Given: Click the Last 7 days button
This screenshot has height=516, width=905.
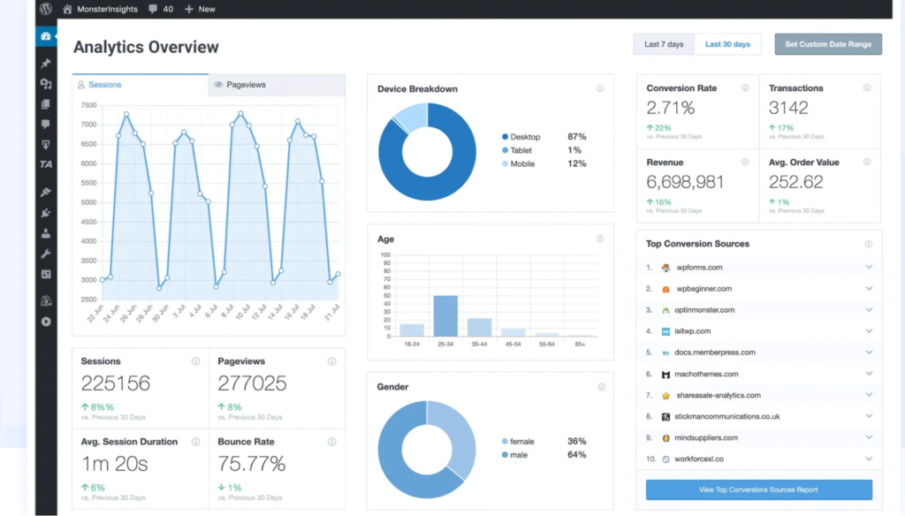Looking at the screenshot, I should (x=664, y=44).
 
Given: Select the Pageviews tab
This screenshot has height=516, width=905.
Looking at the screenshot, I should (x=246, y=85).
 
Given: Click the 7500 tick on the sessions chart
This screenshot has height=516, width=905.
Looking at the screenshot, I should (x=88, y=105).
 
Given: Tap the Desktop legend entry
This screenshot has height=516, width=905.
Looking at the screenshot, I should (x=525, y=137).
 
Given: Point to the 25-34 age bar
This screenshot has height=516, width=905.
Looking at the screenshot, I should (x=445, y=315).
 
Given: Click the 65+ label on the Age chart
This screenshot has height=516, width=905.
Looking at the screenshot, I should (x=580, y=344).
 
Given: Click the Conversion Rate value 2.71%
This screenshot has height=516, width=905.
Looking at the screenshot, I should (x=671, y=108).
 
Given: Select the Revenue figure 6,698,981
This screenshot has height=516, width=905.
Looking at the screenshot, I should (x=685, y=182).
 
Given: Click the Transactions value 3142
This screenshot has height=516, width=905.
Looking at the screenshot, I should (x=788, y=108).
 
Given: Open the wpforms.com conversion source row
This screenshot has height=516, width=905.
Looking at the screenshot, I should (x=699, y=268).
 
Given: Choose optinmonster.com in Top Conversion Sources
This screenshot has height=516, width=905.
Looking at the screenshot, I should (x=705, y=310).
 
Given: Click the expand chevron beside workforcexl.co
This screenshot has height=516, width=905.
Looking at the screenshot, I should (x=869, y=459).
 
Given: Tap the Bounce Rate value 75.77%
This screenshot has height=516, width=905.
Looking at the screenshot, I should (x=252, y=464).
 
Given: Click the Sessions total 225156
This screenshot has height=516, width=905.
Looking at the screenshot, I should (x=116, y=383).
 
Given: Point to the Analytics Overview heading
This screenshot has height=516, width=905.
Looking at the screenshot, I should (x=146, y=47).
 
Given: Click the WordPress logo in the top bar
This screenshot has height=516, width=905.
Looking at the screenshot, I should (x=46, y=9).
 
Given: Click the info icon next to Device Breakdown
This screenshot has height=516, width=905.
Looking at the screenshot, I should (x=600, y=88).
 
